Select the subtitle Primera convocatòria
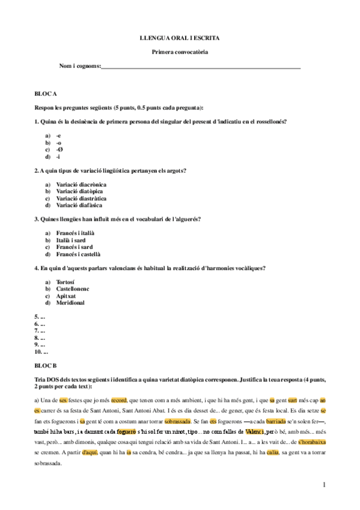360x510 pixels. [179, 52]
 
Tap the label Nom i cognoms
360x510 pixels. [80, 66]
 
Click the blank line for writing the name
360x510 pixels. [201, 67]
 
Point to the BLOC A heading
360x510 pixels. [46, 93]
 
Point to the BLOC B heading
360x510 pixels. [46, 365]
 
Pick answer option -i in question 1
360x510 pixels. [58, 156]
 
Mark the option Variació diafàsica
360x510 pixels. [79, 205]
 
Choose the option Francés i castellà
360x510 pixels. [78, 254]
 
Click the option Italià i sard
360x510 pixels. [74, 239]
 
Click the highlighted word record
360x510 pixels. [118, 399]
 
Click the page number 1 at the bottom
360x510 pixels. [323, 484]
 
